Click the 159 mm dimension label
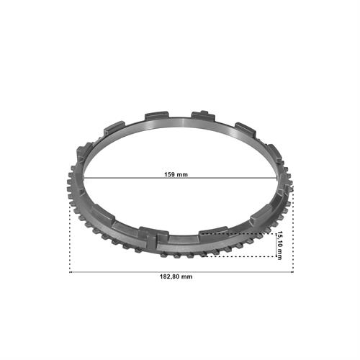176,174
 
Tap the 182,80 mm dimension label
176,276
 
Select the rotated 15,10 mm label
279,246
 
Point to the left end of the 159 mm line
84,178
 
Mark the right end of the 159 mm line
277,178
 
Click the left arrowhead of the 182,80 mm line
70,272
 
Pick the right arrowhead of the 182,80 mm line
292,272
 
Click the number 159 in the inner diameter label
169,174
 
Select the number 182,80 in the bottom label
169,276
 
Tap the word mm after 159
182,175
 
